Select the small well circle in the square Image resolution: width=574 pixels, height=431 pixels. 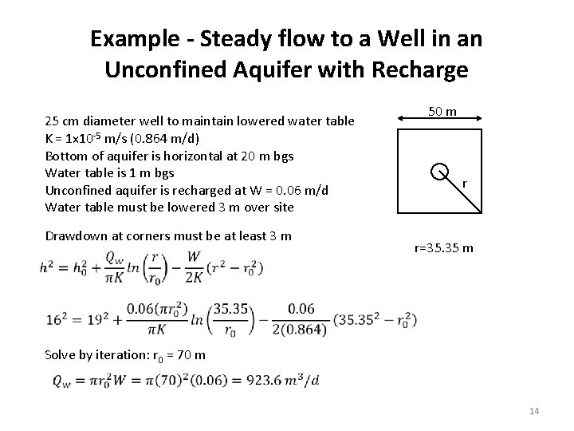tap(438, 171)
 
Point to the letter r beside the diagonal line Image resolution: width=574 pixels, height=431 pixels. tap(465, 184)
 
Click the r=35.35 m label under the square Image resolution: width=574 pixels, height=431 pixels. tap(444, 247)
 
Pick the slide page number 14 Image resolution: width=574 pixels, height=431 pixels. tap(534, 411)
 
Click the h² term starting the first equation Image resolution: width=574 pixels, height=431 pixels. tap(45, 266)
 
